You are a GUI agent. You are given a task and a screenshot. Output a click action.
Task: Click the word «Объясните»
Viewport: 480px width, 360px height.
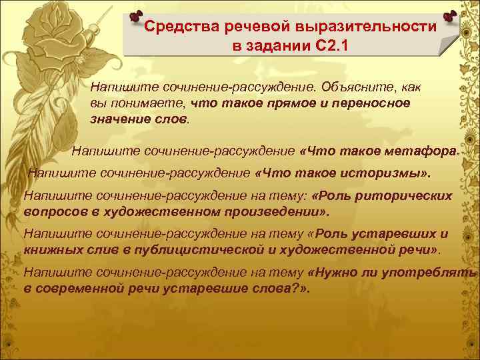[351, 88]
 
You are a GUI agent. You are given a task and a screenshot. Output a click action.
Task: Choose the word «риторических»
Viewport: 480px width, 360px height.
[403, 196]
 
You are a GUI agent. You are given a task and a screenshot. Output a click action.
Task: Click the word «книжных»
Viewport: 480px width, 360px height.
[48, 250]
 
